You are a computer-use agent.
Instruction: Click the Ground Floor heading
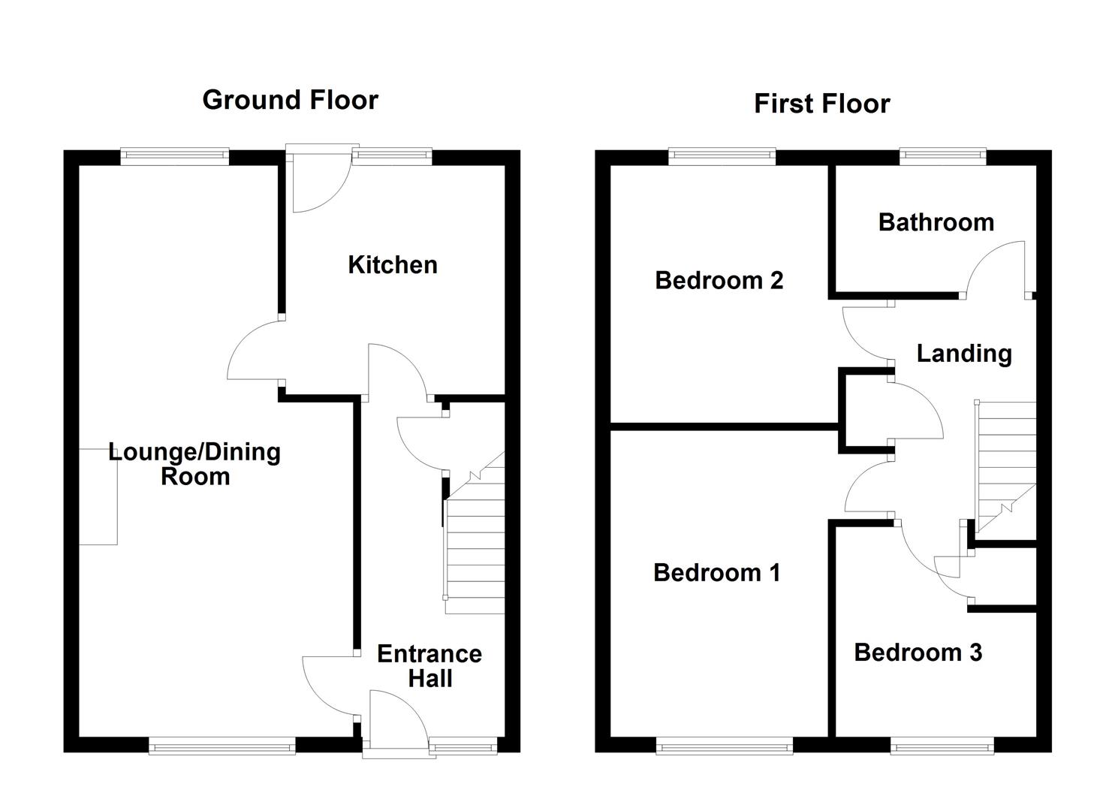point(290,100)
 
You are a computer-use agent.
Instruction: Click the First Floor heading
point(821,104)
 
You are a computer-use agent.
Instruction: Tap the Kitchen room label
point(392,264)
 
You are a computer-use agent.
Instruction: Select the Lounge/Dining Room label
point(194,464)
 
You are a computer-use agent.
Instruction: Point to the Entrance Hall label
point(429,666)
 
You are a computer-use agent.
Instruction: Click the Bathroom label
point(936,222)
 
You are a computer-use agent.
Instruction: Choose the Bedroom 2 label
point(719,280)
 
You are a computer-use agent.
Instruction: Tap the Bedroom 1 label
point(716,573)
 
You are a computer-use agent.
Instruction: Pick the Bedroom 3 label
point(918,653)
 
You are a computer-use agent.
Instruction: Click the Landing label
point(964,354)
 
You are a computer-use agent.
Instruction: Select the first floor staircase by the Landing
point(1006,466)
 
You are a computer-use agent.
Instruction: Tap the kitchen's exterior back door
point(319,183)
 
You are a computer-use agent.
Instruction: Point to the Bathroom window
point(942,156)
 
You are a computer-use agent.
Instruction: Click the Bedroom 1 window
point(724,746)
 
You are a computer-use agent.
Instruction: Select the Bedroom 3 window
point(942,746)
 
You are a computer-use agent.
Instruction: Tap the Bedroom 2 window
point(722,156)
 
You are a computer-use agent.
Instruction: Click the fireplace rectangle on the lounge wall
point(98,496)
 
